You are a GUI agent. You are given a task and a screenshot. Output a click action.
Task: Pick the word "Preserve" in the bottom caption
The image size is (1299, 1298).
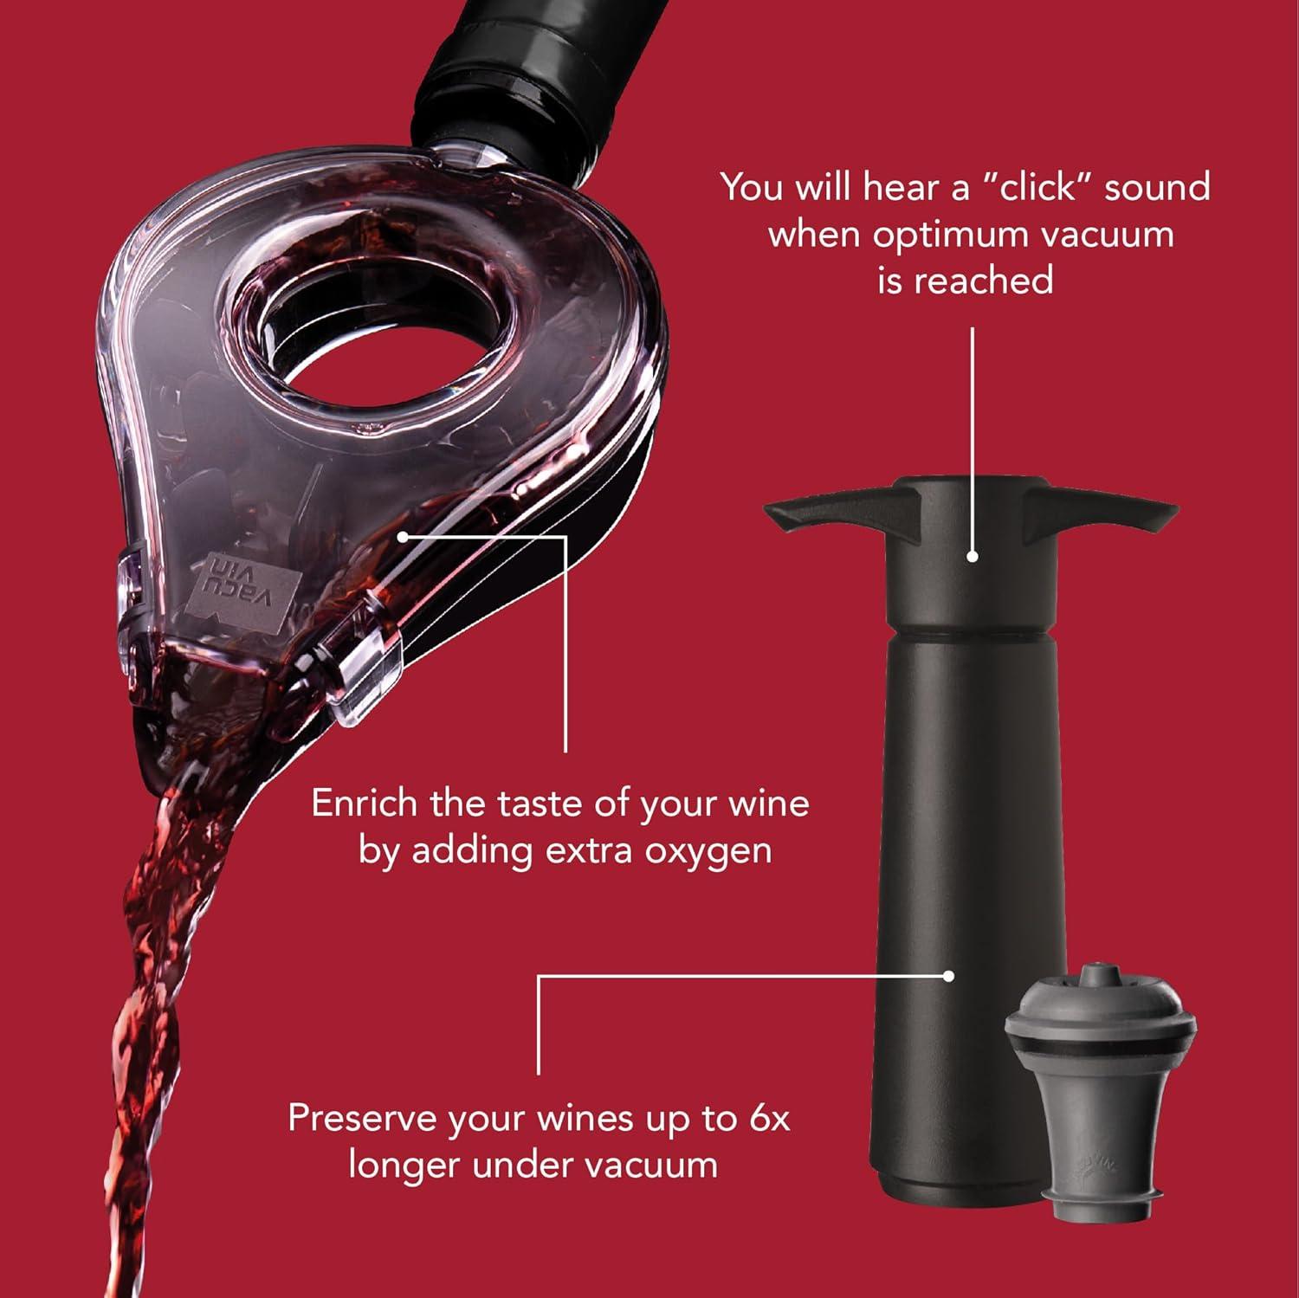[365, 1118]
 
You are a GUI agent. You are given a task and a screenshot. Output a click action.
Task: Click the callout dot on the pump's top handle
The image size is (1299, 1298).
[973, 558]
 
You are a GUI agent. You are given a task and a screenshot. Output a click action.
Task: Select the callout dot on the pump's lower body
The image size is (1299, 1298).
[949, 976]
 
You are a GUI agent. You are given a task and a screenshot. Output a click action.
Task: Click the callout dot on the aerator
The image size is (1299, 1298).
[404, 536]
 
